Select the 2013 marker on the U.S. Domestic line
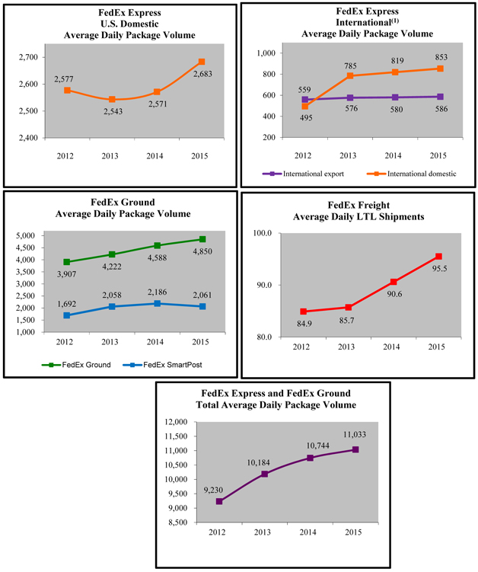click(x=113, y=99)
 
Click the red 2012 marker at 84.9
click(x=303, y=312)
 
